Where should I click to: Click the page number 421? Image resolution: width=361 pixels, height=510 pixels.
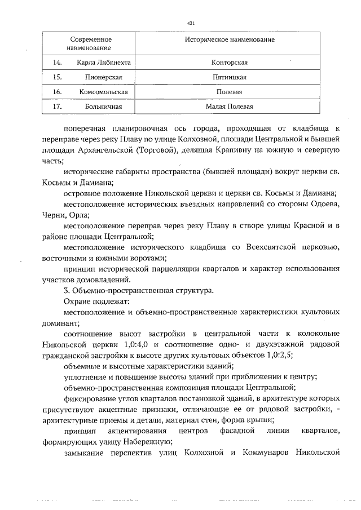click(x=190, y=23)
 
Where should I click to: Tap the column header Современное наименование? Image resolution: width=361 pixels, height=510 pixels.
click(x=91, y=45)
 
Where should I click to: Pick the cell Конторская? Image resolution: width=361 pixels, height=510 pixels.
click(x=229, y=62)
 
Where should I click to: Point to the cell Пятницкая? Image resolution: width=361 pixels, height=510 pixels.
click(x=229, y=77)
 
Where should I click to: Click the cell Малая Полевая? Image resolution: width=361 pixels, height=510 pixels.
click(x=229, y=106)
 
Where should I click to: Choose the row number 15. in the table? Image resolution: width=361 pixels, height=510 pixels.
click(x=57, y=77)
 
